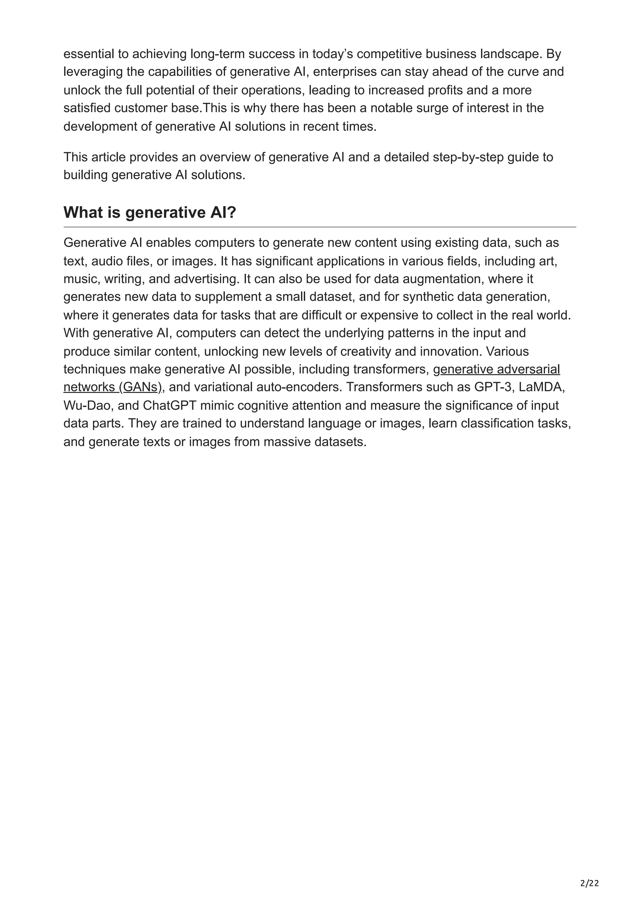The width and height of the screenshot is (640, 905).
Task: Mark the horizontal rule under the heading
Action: [x=319, y=227]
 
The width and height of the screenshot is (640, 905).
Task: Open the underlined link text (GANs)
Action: [x=140, y=387]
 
